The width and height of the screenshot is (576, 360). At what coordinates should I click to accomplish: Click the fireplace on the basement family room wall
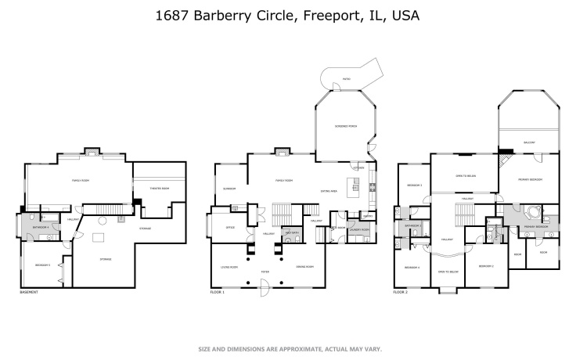point(91,151)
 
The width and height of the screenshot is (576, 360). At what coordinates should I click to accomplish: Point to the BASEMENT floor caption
point(28,292)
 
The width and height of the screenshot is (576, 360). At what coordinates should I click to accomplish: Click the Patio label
point(346,78)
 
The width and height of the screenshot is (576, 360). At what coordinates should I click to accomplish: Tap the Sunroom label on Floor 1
point(229,189)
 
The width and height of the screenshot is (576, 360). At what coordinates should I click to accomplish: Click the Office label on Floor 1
point(231,228)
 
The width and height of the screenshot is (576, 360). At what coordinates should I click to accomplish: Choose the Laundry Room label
point(359,229)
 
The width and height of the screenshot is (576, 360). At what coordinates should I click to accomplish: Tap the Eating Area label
point(329,189)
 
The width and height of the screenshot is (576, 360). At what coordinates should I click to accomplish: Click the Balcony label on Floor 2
point(529,143)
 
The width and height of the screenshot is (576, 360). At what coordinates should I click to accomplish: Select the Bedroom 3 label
point(414,185)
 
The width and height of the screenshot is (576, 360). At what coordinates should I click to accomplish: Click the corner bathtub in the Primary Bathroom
point(534,212)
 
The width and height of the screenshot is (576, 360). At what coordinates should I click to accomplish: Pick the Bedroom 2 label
point(485,266)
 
